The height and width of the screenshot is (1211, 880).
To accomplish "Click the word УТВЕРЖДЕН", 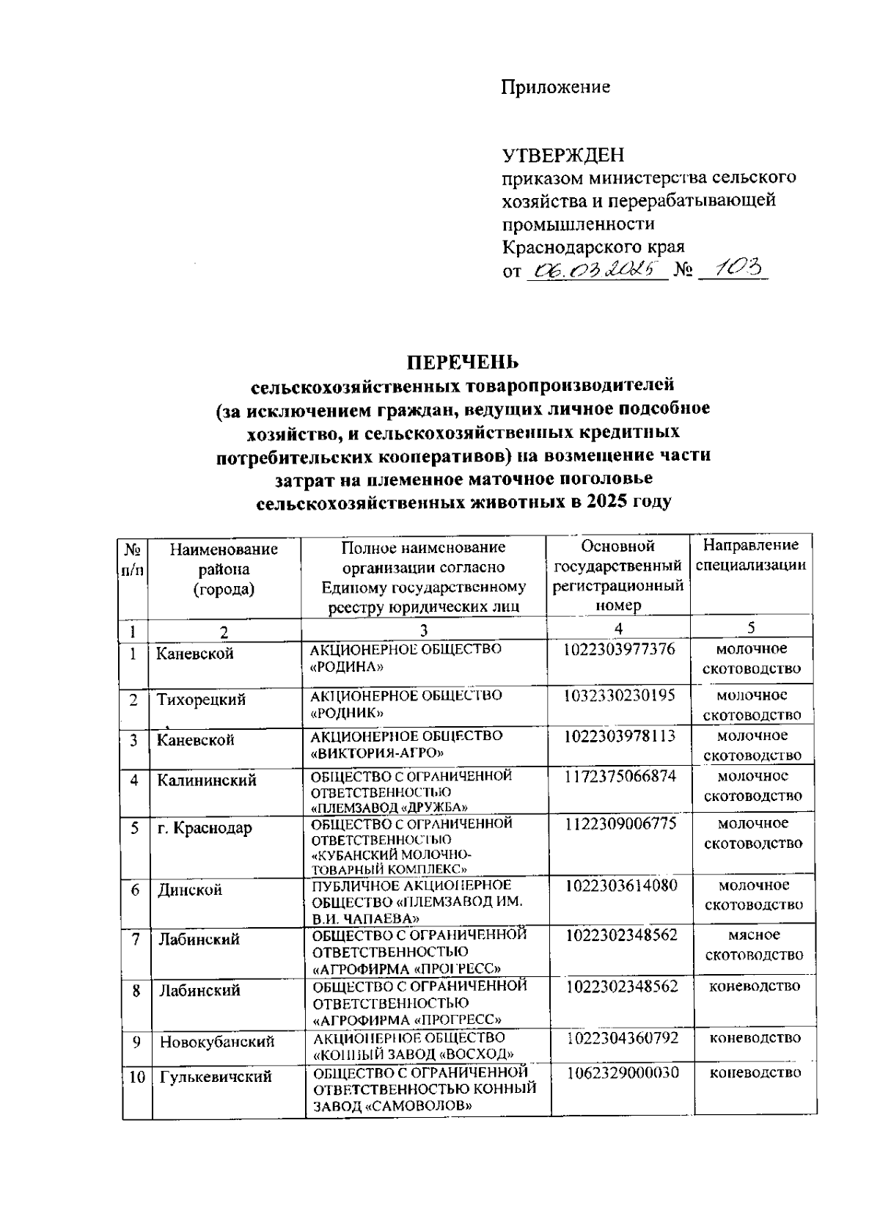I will click(563, 156).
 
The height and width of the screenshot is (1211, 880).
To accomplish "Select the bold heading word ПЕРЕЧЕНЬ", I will click(463, 362).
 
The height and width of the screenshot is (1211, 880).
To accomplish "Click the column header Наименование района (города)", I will click(224, 569).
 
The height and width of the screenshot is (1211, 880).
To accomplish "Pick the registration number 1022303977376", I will click(620, 649).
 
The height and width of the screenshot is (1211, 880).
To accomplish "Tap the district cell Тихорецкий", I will click(201, 700).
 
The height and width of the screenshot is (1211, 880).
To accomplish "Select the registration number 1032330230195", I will click(620, 695).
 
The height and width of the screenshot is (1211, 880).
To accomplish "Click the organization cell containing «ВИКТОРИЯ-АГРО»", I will click(407, 744).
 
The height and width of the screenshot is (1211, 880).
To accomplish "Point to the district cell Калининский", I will click(207, 780).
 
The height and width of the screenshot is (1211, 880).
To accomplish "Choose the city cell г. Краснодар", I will click(205, 828).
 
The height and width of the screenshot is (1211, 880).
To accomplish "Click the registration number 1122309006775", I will click(620, 824).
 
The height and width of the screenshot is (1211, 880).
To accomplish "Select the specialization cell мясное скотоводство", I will click(754, 945).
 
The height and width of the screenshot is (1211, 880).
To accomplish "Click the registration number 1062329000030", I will click(622, 1072).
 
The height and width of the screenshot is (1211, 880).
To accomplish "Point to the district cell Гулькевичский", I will click(216, 1077).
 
